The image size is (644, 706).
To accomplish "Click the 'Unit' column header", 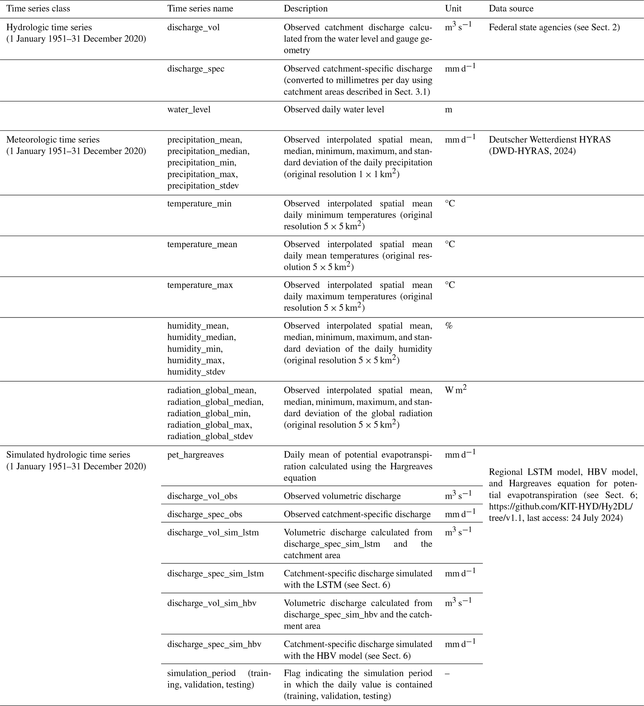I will (453, 9).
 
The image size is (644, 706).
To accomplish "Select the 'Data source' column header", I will (511, 9).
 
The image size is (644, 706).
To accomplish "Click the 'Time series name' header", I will (200, 9).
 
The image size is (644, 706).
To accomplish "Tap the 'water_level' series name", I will (189, 110).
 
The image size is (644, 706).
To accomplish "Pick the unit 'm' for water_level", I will (448, 110).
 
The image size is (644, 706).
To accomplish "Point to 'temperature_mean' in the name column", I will (202, 244).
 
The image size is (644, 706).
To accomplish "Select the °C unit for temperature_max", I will (450, 285).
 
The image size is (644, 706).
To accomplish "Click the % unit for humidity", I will (449, 326).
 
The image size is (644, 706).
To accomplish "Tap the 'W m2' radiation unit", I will (456, 390).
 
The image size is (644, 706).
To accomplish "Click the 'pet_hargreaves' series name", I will (195, 455).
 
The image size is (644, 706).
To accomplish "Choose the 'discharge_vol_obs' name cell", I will (202, 496).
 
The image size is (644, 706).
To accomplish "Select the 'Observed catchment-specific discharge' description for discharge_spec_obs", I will (357, 514).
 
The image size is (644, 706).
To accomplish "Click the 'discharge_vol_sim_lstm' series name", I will (213, 533).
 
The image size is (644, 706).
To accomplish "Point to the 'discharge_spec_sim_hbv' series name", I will (214, 644).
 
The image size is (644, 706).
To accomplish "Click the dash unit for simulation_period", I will (447, 673).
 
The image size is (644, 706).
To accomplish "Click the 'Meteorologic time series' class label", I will (53, 140).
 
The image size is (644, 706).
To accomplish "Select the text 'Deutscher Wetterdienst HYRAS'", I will (549, 140).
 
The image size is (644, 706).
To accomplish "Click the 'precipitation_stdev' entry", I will (203, 186).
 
